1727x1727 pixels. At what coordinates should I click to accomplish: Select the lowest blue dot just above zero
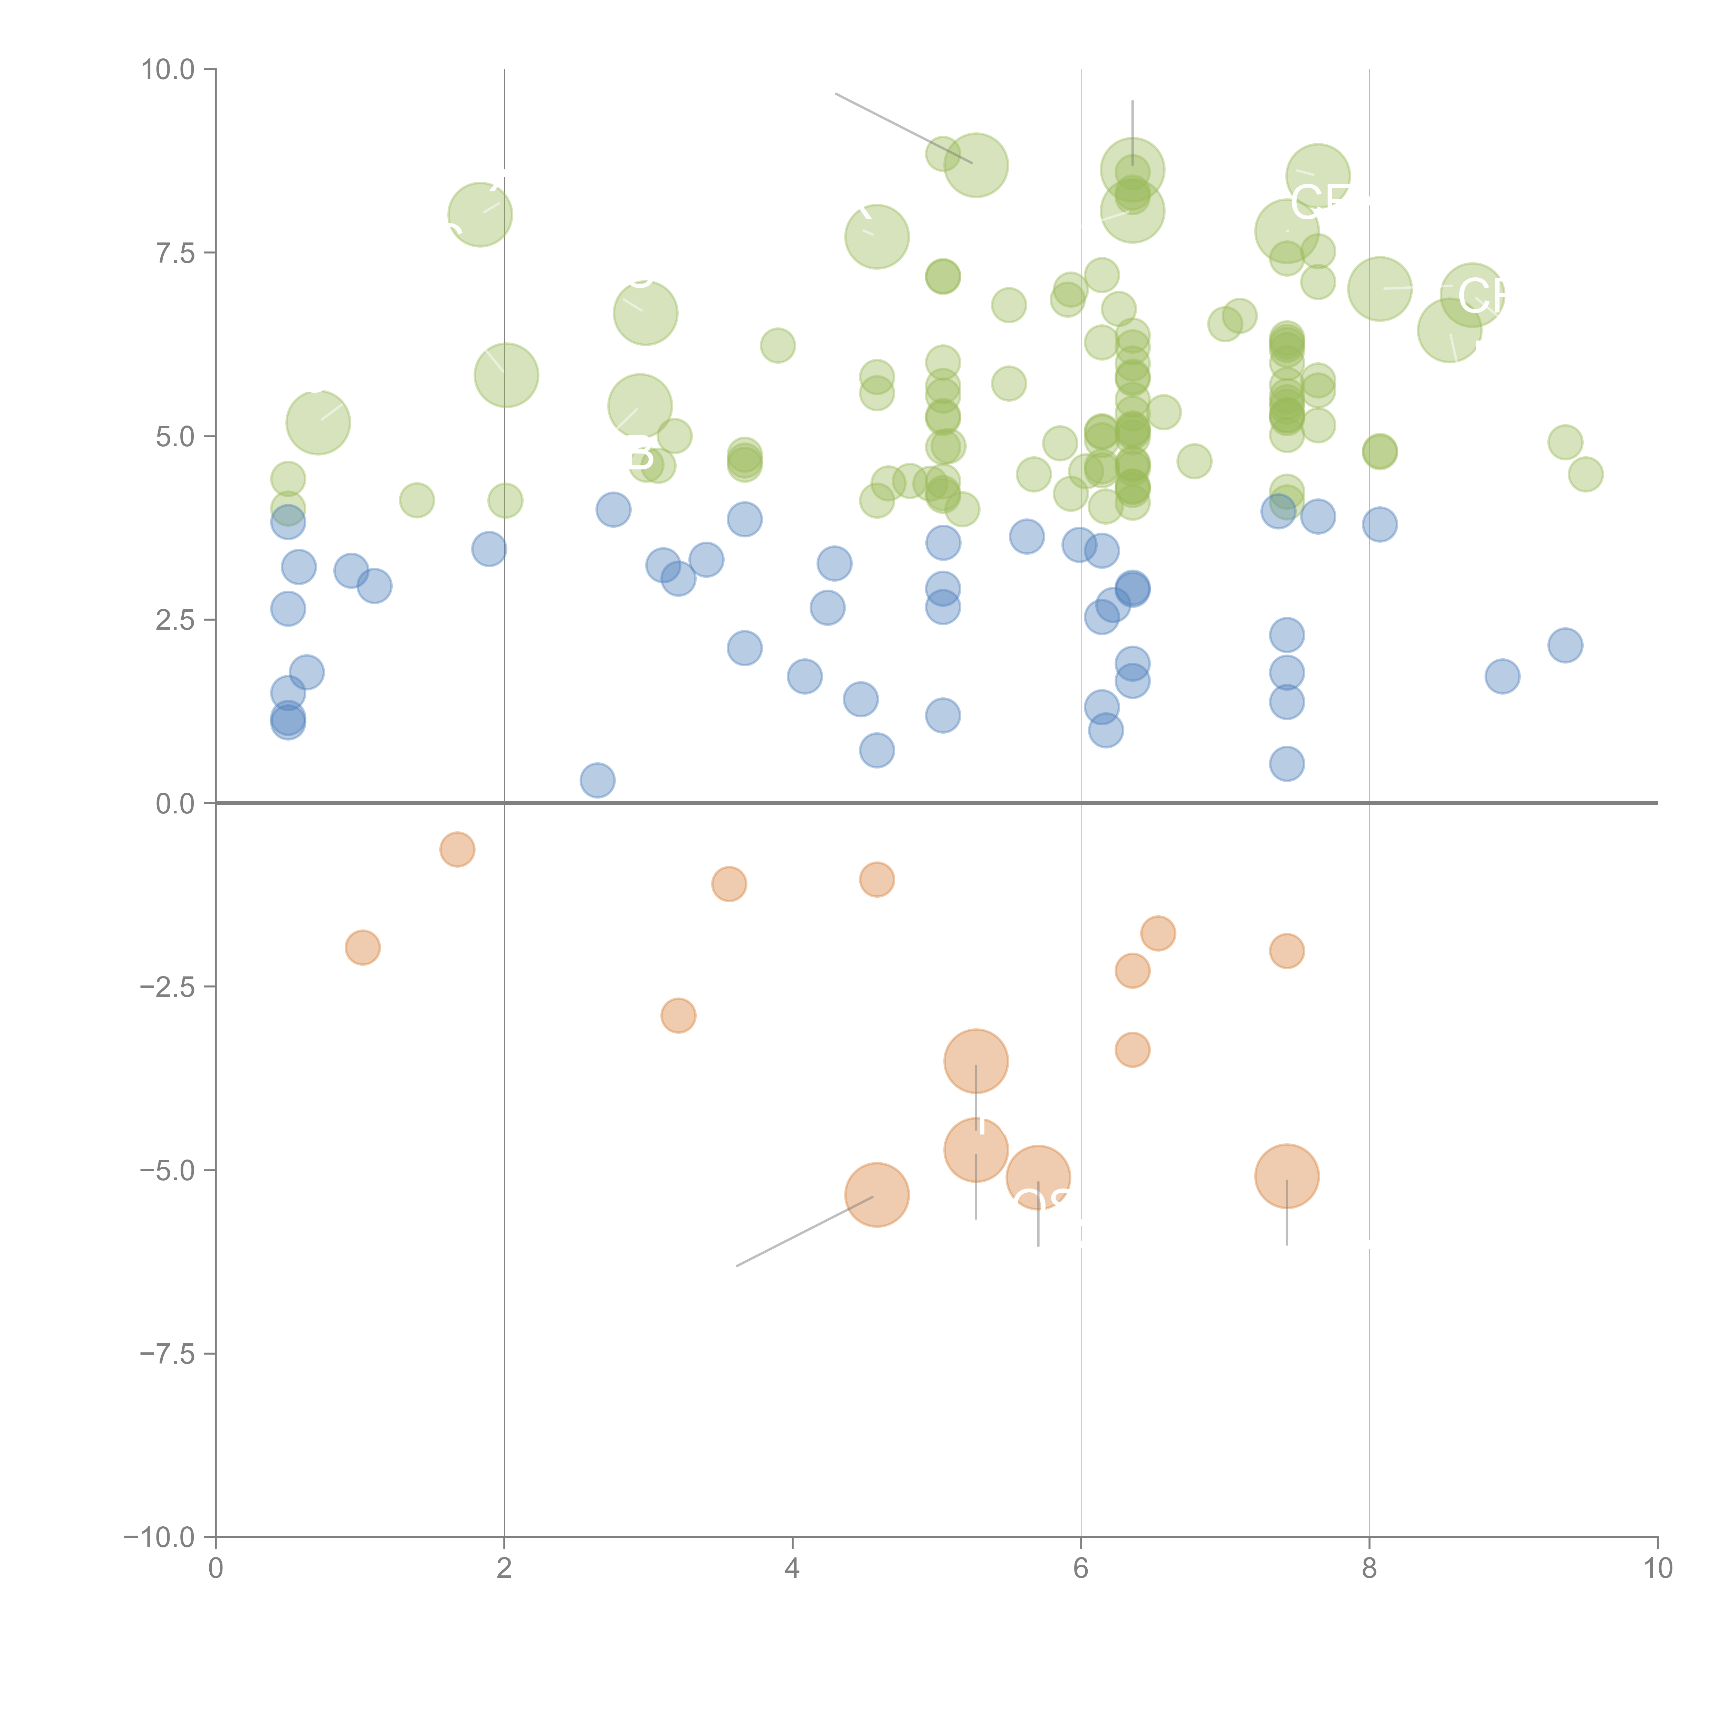click(597, 780)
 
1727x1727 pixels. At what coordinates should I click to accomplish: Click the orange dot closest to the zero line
click(457, 849)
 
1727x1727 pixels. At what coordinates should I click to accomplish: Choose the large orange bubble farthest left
click(877, 1195)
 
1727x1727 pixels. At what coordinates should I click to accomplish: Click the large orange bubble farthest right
click(1286, 1176)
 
